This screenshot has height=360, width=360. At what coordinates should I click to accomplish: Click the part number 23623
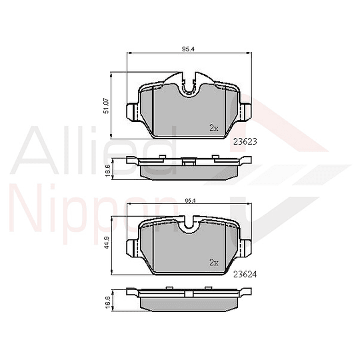coord(245,141)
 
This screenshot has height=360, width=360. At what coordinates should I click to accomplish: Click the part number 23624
coord(245,273)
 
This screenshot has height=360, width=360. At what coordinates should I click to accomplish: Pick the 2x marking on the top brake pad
coord(213,127)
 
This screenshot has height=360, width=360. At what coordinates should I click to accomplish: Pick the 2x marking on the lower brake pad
coord(213,262)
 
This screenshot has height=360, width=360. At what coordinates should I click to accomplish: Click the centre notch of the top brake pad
coord(189,85)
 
